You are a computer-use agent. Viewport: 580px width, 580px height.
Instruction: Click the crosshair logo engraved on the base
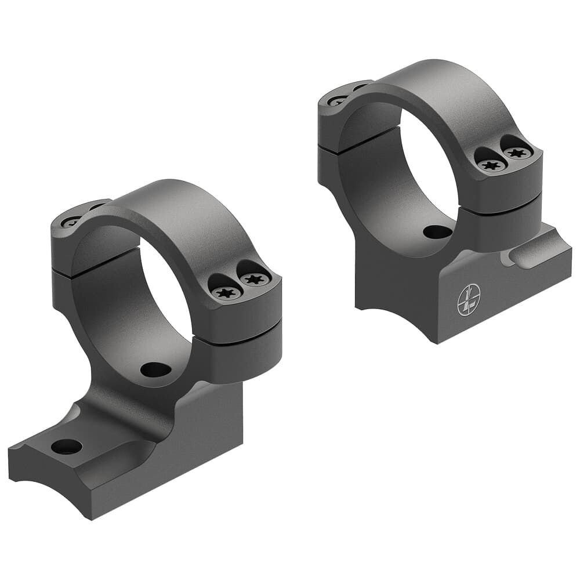pos(469,300)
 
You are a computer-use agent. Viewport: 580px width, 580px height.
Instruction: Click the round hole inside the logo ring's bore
pos(437,232)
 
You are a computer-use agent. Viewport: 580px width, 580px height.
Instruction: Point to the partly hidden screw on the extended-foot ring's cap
pos(72,222)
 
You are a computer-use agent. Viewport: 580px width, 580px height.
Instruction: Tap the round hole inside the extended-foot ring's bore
pos(155,369)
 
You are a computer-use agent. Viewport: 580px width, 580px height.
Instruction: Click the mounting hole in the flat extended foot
pos(66,446)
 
